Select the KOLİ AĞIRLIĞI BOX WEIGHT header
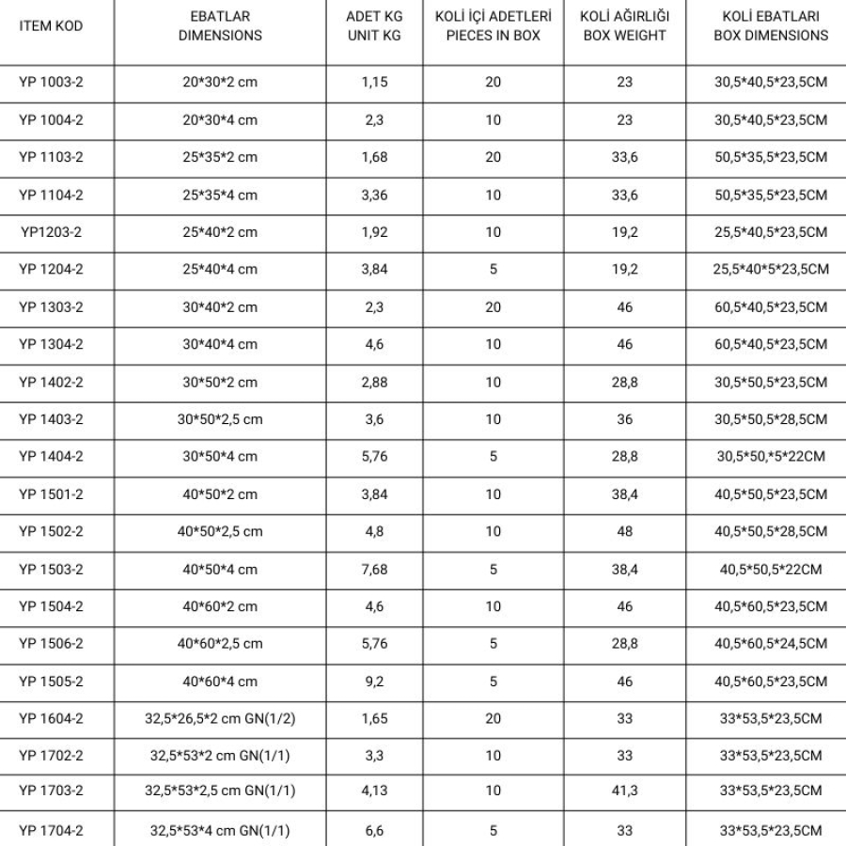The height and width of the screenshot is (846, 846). click(624, 26)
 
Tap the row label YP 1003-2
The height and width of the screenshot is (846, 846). click(51, 82)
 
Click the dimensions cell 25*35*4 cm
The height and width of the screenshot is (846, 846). click(220, 195)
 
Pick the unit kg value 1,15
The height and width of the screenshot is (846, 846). click(375, 82)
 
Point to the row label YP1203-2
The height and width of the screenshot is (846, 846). click(51, 232)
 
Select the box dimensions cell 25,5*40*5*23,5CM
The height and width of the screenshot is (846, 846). click(771, 270)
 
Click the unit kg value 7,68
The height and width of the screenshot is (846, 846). click(375, 569)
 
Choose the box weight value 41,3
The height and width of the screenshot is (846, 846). click(624, 791)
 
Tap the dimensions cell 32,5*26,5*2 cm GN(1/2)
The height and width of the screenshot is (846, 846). click(220, 719)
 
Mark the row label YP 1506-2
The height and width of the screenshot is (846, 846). click(51, 644)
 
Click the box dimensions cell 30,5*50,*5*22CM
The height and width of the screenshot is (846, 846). click(771, 457)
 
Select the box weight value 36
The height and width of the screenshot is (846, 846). click(624, 419)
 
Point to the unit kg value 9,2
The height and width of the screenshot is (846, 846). click(375, 681)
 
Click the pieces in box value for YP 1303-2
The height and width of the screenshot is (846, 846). click(493, 307)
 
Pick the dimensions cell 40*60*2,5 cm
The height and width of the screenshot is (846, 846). click(220, 644)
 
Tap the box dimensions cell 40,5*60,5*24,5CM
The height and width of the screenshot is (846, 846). click(771, 644)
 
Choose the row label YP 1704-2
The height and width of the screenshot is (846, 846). click(51, 831)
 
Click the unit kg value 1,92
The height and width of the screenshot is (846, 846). click(375, 232)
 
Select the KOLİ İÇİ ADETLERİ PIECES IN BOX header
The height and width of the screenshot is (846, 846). click(493, 26)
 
